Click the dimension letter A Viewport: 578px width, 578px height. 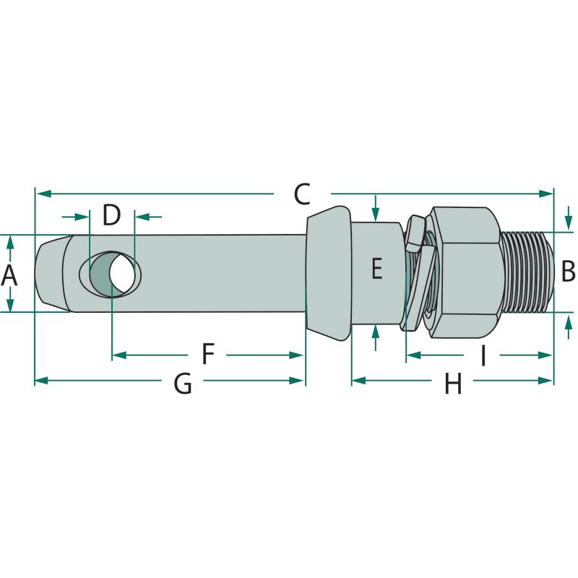9,274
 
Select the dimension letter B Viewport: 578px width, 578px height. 568,272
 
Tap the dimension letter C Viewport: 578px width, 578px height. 301,194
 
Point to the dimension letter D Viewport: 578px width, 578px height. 111,215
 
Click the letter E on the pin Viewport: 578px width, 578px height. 376,269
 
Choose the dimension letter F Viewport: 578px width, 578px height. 208,355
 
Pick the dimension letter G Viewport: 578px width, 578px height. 183,384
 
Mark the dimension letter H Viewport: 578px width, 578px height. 452,384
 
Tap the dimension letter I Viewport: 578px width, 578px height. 483,355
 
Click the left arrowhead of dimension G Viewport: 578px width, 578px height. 41,380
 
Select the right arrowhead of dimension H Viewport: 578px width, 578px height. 547,380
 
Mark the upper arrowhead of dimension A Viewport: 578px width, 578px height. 10,241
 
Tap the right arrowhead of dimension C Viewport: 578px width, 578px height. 547,193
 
